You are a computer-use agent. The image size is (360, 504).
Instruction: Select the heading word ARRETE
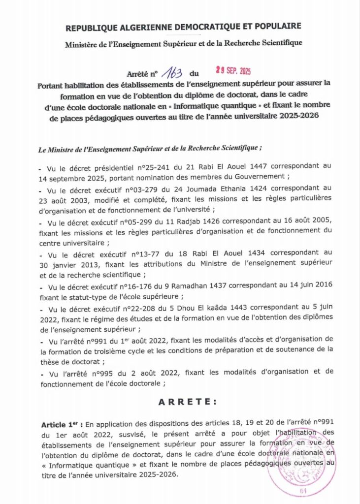[x=187, y=402]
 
